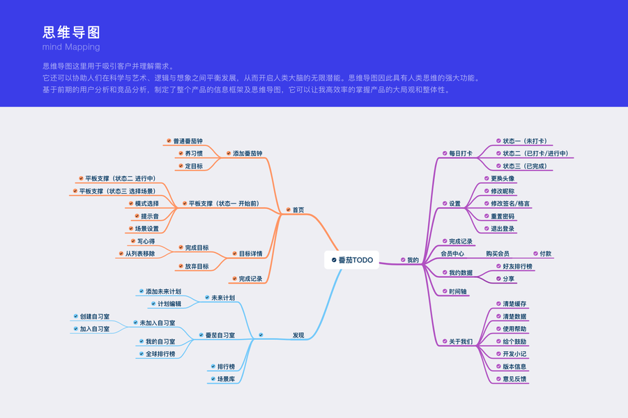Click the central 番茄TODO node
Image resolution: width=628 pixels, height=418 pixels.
352,260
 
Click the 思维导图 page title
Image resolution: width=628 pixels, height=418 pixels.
71,32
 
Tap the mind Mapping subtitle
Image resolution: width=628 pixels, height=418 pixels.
70,47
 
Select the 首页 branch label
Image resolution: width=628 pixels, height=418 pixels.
298,210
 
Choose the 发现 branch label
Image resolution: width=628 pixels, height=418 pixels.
298,335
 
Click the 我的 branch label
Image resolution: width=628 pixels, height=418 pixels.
413,260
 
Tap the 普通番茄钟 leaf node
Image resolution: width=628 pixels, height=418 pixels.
187,141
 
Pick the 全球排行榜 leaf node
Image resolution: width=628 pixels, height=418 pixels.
160,354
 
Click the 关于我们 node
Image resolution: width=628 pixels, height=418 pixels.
460,341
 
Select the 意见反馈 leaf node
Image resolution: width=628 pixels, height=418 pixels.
514,379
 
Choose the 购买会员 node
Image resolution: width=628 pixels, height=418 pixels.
498,254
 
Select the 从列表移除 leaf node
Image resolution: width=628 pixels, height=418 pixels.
139,254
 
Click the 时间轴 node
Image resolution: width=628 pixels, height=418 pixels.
458,291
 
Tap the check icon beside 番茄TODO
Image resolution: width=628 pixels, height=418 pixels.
334,260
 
